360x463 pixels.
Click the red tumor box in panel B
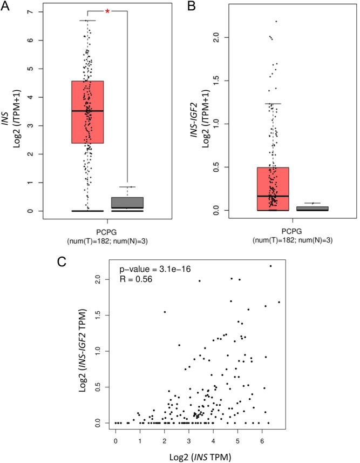[x=273, y=189]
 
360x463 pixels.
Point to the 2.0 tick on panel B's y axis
[x=218, y=37]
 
